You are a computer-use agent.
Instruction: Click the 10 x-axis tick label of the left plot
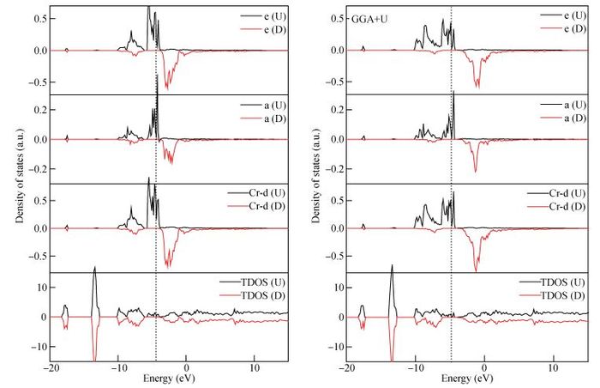pos(255,368)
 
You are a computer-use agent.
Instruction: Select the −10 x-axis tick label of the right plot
pos(415,368)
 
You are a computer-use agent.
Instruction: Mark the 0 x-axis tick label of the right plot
pos(484,368)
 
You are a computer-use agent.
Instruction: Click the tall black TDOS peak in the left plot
pos(94,270)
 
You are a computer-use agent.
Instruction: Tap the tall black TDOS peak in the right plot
pos(392,267)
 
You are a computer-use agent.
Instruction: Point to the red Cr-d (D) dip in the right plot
pos(477,268)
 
